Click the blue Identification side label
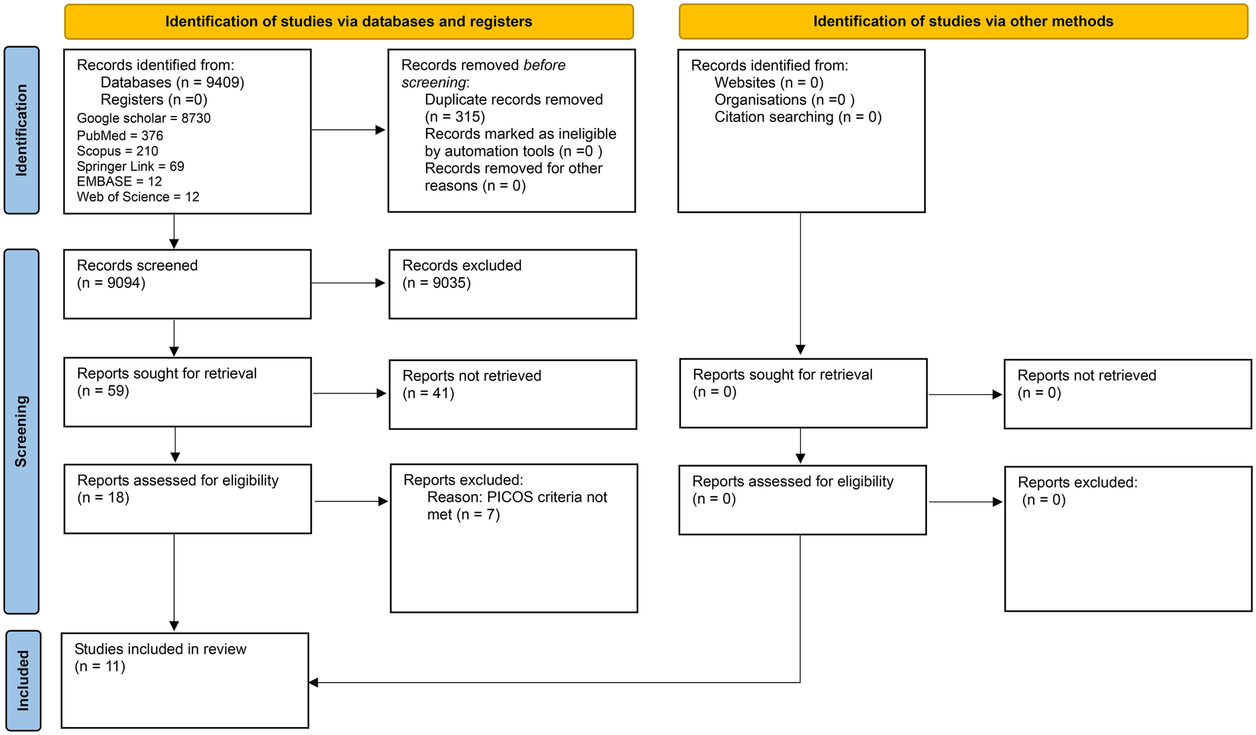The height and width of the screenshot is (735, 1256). click(21, 130)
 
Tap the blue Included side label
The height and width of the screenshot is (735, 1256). click(23, 681)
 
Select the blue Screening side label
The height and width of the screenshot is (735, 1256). click(21, 431)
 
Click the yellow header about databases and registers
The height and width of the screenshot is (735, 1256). click(348, 21)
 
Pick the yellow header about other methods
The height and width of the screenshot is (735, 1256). click(963, 21)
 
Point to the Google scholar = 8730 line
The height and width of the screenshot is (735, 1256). click(143, 118)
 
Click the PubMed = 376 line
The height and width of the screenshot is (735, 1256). click(119, 135)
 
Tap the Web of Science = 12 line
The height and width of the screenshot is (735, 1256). click(137, 197)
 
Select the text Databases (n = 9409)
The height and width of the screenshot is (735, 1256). click(172, 82)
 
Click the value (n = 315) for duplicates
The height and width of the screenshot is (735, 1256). click(454, 117)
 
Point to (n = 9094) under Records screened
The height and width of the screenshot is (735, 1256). click(111, 283)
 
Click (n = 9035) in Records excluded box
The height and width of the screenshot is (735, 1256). click(436, 283)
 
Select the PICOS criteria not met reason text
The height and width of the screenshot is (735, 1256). click(516, 505)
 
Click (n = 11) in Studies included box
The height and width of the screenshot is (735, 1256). click(100, 666)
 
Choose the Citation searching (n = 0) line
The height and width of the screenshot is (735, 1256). click(798, 117)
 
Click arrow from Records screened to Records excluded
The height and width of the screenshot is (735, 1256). click(348, 283)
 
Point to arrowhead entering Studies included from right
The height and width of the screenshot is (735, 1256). click(314, 683)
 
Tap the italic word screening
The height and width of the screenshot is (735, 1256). click(434, 82)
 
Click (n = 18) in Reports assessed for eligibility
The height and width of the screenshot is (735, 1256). click(103, 498)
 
